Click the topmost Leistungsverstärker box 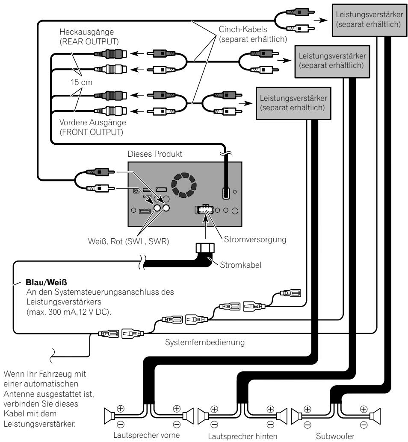tap(369, 20)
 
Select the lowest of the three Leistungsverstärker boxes tap(293, 103)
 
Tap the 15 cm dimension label tap(81, 82)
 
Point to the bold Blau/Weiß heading tap(46, 282)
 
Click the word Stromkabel tap(240, 265)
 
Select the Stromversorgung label tap(255, 240)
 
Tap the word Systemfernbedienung tap(205, 342)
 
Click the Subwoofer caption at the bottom tap(335, 436)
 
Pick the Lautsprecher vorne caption tap(146, 435)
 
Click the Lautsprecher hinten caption tap(242, 436)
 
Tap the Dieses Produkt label tap(155, 154)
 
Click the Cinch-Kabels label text tap(243, 29)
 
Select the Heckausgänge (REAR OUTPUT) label tap(89, 37)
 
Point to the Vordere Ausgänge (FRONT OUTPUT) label tap(93, 127)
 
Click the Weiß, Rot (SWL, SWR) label tap(128, 242)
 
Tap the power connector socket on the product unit tap(204, 209)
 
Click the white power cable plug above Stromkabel tap(205, 249)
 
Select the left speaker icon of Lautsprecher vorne tap(109, 416)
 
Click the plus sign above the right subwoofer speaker tap(364, 409)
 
